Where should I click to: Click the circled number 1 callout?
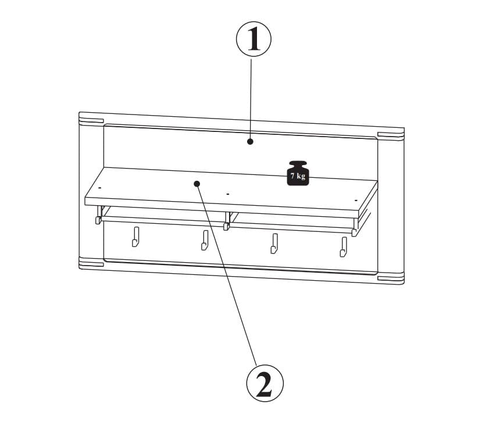click(x=254, y=39)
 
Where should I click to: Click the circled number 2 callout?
click(x=265, y=383)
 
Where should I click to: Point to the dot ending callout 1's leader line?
click(x=250, y=142)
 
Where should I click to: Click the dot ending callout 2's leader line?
click(x=197, y=184)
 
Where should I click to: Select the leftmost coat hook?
click(x=135, y=237)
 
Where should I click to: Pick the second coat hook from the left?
click(x=205, y=240)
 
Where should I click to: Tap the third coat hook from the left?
click(x=274, y=244)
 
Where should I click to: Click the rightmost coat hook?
click(x=344, y=247)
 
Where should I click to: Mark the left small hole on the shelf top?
click(x=99, y=187)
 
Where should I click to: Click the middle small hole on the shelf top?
click(x=228, y=194)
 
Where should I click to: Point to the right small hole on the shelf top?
click(x=356, y=201)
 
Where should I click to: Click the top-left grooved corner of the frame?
click(x=91, y=119)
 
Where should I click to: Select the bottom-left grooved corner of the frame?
click(x=91, y=262)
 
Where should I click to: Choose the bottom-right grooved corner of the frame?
click(x=391, y=279)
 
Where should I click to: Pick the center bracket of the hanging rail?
click(x=227, y=221)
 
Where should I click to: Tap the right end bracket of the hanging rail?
click(x=355, y=228)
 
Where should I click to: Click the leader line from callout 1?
click(x=251, y=99)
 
